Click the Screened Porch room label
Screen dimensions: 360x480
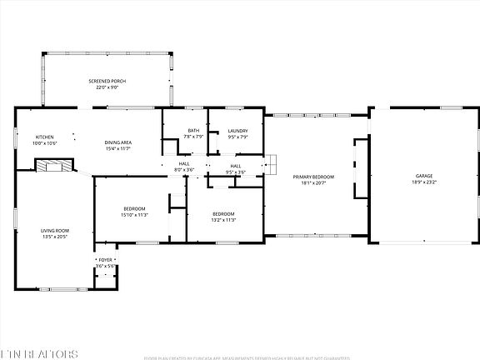[x=107, y=81]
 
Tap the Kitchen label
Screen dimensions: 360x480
[x=44, y=137]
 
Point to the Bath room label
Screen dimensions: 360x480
[x=193, y=130]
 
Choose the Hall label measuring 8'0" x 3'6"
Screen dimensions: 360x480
[x=183, y=164]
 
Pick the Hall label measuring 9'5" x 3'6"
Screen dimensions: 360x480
[x=236, y=166]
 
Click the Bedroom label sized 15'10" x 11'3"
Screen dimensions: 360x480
[x=135, y=208]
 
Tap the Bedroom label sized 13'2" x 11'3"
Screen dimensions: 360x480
[x=224, y=213]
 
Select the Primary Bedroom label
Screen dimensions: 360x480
[x=313, y=177]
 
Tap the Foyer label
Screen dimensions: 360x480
[x=105, y=260]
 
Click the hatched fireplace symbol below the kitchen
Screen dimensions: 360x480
[x=54, y=165]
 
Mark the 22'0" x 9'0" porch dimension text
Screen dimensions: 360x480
[x=107, y=87]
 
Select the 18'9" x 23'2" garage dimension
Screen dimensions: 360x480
[x=424, y=182]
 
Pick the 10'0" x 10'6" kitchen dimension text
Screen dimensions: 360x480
[x=44, y=143]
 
